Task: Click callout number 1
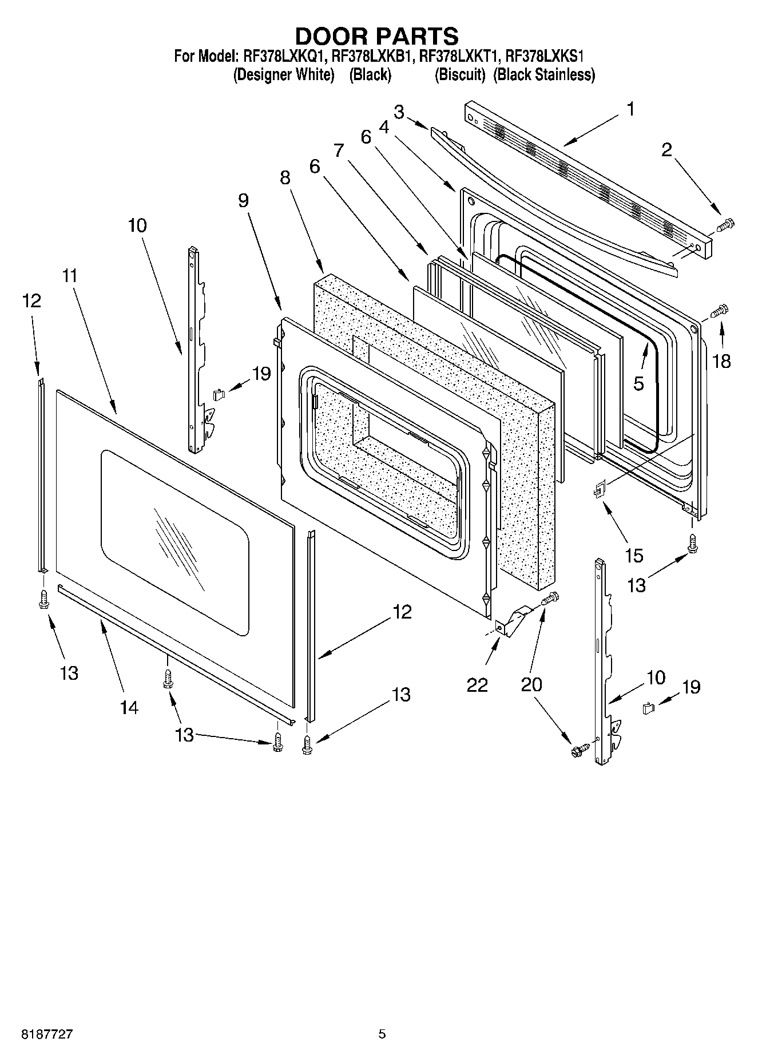630,109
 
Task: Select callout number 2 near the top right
666,150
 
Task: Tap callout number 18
721,361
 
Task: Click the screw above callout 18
719,311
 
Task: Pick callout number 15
634,554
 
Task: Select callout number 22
477,684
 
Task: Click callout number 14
129,707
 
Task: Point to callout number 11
69,276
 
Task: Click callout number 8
285,177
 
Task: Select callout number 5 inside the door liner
638,383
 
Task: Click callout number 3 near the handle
399,112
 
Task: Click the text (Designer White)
284,75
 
